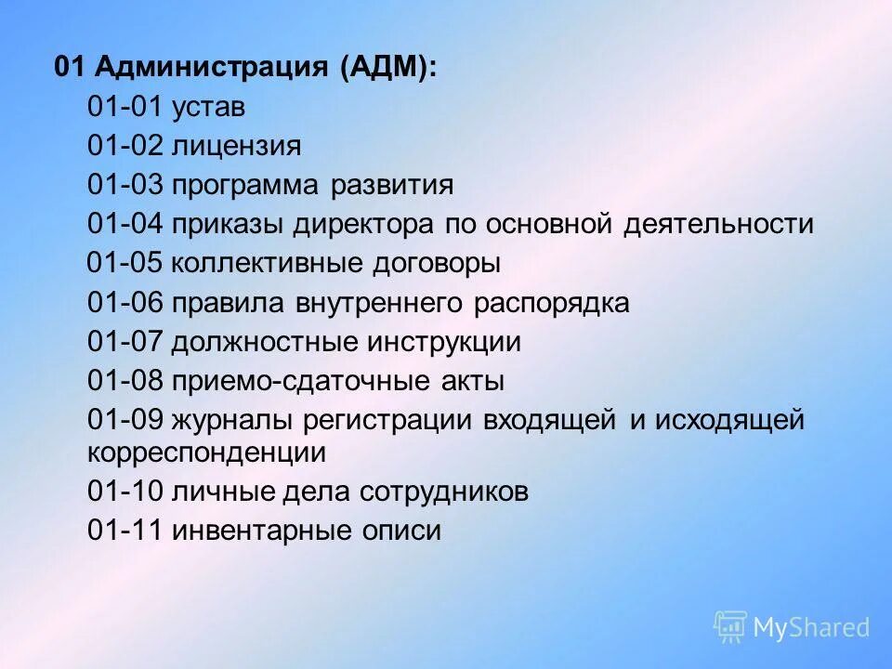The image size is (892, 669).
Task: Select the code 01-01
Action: pyautogui.click(x=125, y=108)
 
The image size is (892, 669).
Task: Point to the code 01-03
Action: pyautogui.click(x=125, y=186)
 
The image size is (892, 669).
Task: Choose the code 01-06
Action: pyautogui.click(x=125, y=303)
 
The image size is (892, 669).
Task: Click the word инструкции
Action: pyautogui.click(x=449, y=342)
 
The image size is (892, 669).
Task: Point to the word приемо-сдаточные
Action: pyautogui.click(x=288, y=381)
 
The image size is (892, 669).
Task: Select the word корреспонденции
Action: pyautogui.click(x=207, y=453)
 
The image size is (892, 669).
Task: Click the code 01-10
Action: pyautogui.click(x=125, y=492)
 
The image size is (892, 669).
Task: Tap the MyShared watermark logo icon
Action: pyautogui.click(x=730, y=626)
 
